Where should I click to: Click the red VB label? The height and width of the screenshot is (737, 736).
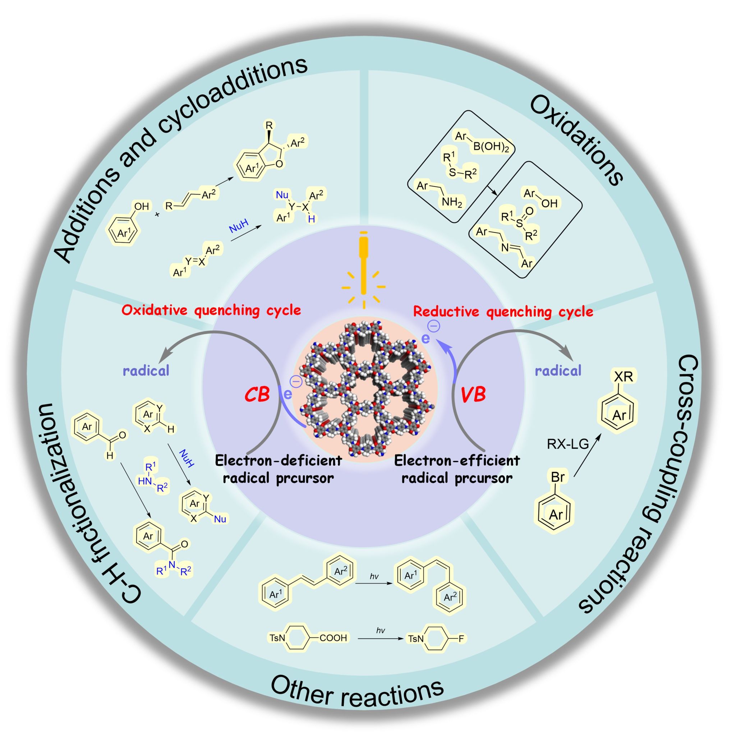(473, 395)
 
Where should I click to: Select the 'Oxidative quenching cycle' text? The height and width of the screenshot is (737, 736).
(211, 310)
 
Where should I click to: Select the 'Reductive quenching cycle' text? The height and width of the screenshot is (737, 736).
(503, 312)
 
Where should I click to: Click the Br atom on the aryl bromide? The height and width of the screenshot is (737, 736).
(557, 477)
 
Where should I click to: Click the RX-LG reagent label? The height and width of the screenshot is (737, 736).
(568, 444)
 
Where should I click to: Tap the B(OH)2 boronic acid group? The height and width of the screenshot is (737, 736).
(491, 147)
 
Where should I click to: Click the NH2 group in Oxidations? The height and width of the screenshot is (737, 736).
(452, 203)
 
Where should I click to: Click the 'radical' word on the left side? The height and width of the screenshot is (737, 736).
(146, 370)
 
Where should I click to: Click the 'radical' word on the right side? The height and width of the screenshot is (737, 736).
(558, 370)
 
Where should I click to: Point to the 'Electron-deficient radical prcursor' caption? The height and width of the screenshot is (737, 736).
(278, 469)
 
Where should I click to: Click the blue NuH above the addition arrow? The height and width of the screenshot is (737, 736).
(239, 229)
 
